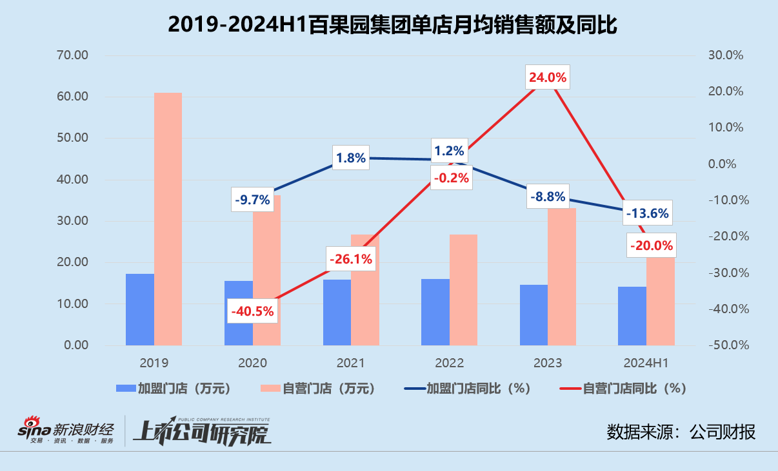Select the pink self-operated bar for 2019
click(x=168, y=219)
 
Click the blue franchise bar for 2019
click(x=140, y=309)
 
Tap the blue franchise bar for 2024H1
click(x=632, y=316)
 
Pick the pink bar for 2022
click(x=463, y=290)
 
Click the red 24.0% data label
click(x=547, y=78)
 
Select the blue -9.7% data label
click(x=252, y=200)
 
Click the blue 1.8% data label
click(x=350, y=157)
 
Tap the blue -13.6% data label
click(x=646, y=213)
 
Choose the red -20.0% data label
click(x=651, y=245)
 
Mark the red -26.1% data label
click(x=351, y=259)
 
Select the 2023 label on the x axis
click(x=547, y=363)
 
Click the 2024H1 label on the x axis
click(x=646, y=363)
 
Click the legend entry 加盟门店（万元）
click(x=173, y=389)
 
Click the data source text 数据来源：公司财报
click(x=681, y=432)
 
